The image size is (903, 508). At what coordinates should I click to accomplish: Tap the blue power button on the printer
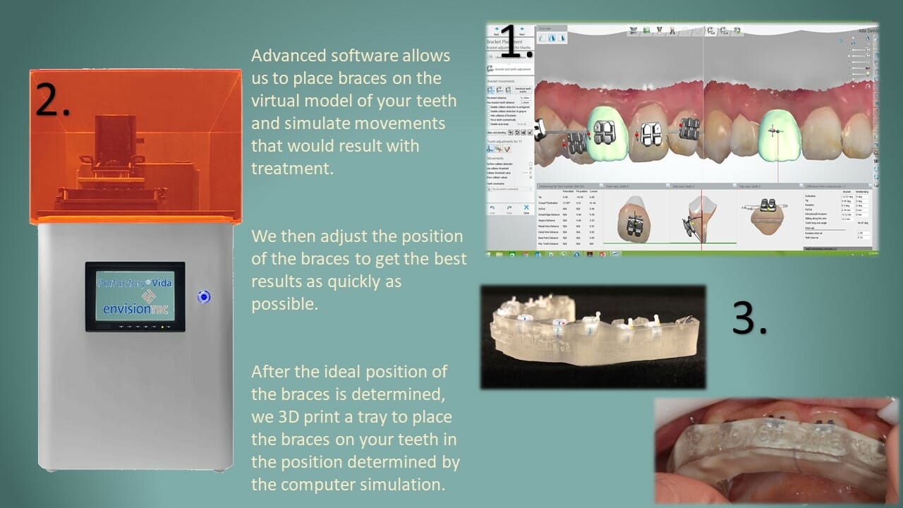[204, 297]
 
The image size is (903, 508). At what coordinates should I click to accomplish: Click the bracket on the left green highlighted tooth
[604, 133]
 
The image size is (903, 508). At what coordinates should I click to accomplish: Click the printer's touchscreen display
[135, 296]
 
